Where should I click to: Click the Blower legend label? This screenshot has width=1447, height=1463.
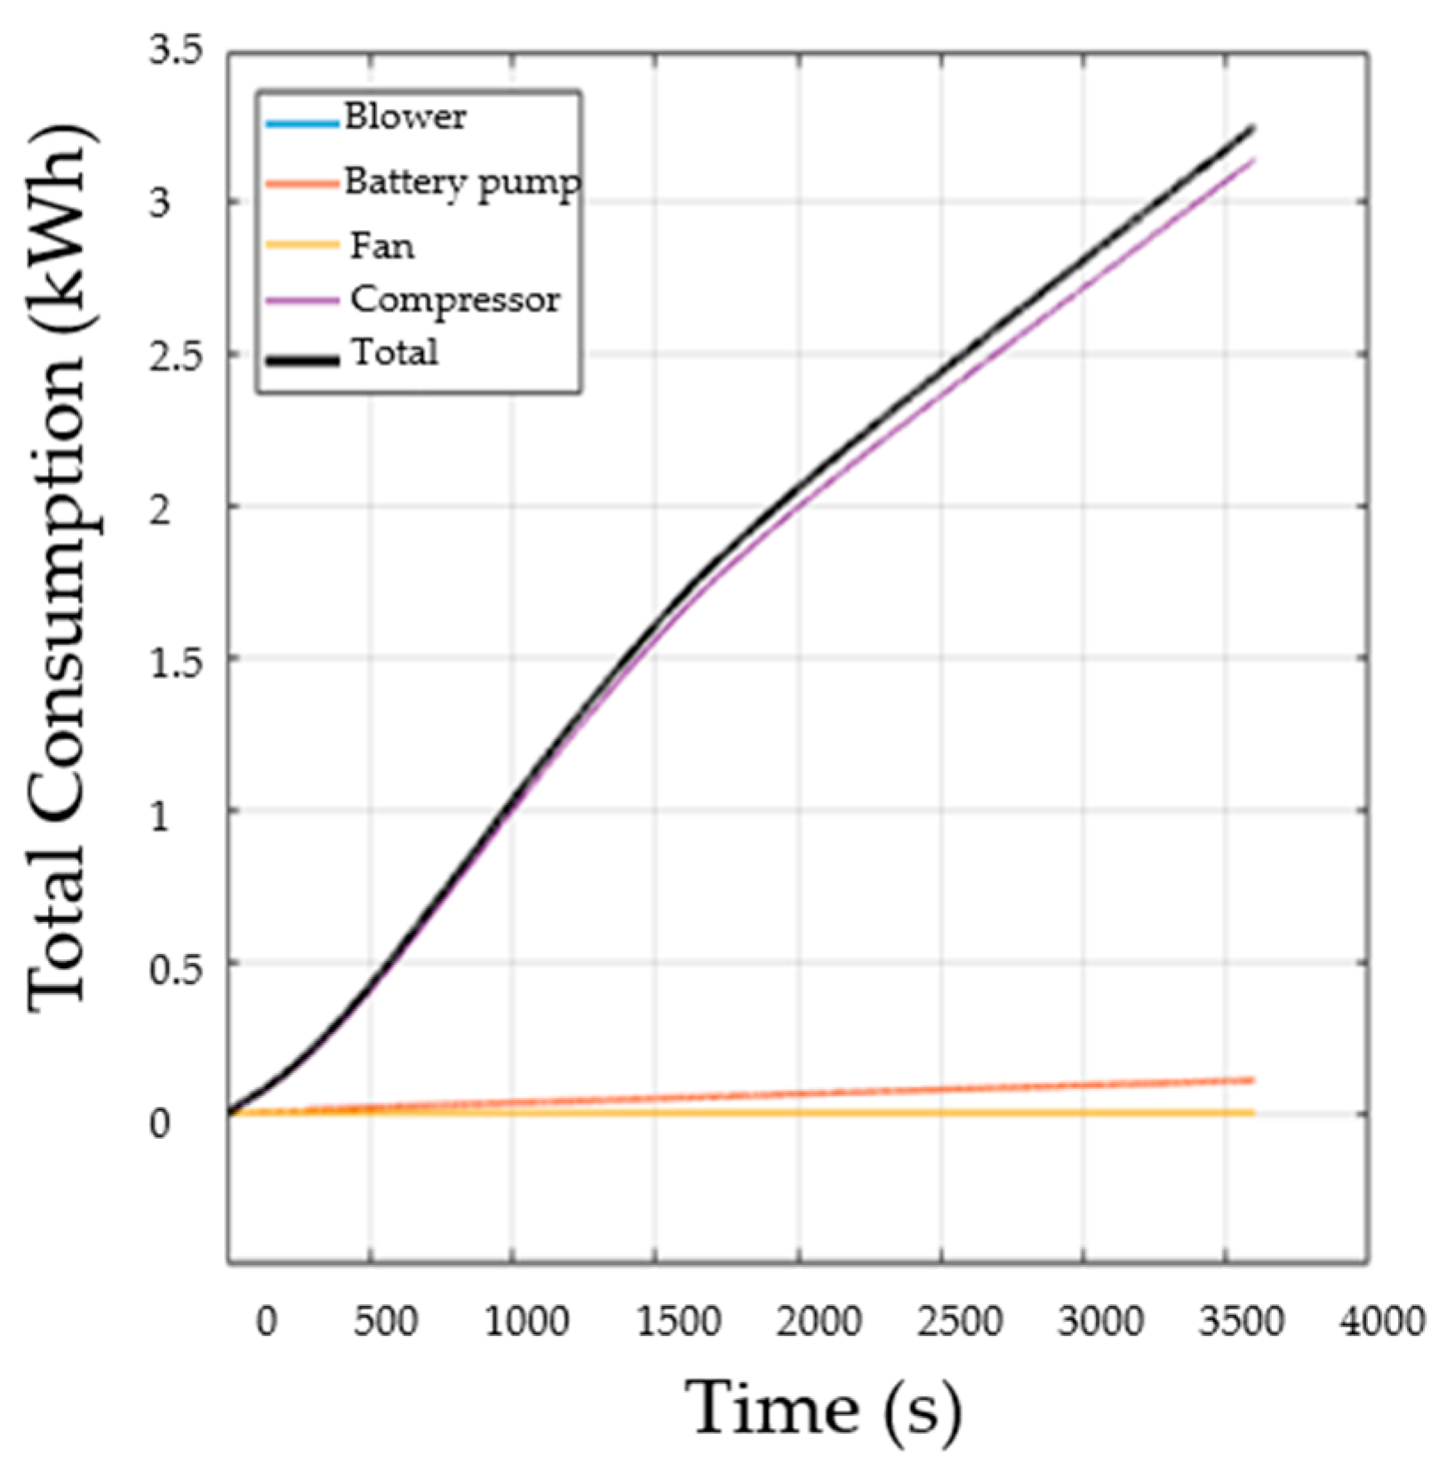pyautogui.click(x=404, y=117)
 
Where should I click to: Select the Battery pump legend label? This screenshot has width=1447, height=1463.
pyautogui.click(x=462, y=182)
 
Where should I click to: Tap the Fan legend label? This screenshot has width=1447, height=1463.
pyautogui.click(x=382, y=245)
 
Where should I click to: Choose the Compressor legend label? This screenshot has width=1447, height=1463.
pyautogui.click(x=455, y=299)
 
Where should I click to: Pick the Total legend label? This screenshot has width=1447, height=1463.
pyautogui.click(x=395, y=353)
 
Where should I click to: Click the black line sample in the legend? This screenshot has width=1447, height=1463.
pyautogui.click(x=302, y=360)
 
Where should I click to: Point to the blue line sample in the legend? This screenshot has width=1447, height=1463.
pyautogui.click(x=302, y=123)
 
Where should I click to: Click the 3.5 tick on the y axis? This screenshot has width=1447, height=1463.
pyautogui.click(x=175, y=51)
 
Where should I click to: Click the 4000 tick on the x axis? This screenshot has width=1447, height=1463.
pyautogui.click(x=1382, y=1321)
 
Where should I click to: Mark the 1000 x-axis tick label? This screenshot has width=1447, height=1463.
pyautogui.click(x=527, y=1321)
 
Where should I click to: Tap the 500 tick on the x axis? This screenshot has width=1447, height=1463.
pyautogui.click(x=385, y=1321)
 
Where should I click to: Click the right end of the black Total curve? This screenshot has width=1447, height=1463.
pyautogui.click(x=1252, y=129)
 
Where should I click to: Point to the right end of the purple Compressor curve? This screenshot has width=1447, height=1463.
pyautogui.click(x=1252, y=161)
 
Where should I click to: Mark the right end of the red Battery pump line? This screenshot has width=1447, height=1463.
pyautogui.click(x=1252, y=1080)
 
